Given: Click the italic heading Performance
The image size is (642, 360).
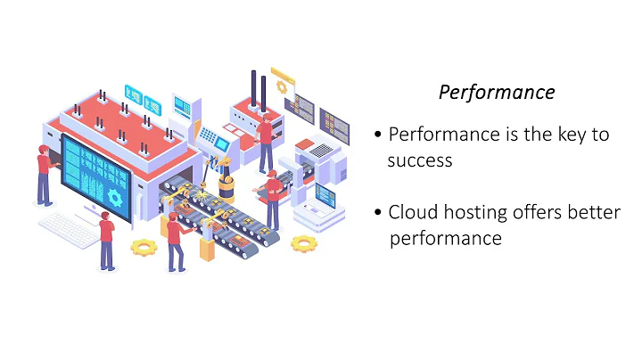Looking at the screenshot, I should [x=498, y=93].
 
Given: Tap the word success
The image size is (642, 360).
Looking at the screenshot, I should [x=420, y=161].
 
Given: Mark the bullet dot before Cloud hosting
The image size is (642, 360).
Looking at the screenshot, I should [x=379, y=213].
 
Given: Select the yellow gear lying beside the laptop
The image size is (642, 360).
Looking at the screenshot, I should [x=304, y=242].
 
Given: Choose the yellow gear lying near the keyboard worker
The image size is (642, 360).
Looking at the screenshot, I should [x=143, y=247].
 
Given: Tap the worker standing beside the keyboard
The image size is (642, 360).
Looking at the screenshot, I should [x=107, y=239].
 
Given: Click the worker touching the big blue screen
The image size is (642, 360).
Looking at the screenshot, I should [x=43, y=174].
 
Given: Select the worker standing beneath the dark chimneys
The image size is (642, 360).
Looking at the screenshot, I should [x=265, y=142].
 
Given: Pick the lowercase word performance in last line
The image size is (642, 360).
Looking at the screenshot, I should [x=446, y=239].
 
